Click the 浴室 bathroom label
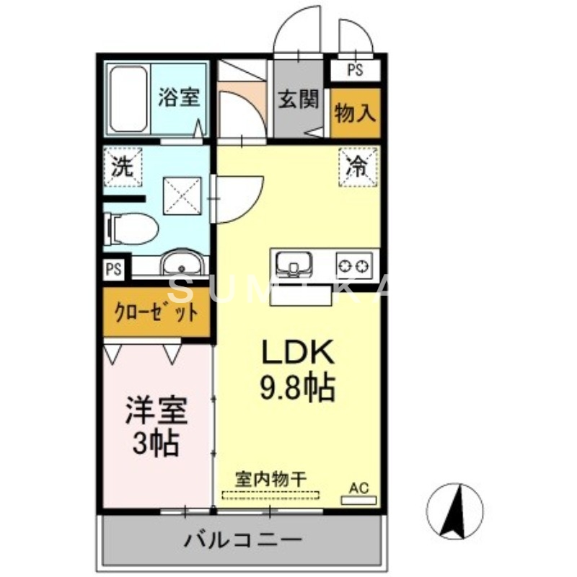[x=178, y=98]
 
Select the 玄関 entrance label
[x=298, y=100]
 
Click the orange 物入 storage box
[x=355, y=113]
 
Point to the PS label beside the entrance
[x=354, y=70]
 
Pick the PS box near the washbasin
[x=114, y=269]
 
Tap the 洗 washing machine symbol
[x=120, y=167]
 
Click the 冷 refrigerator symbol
[x=358, y=165]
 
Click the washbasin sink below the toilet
[x=183, y=265]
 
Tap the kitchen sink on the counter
[x=293, y=263]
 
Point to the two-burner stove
[x=354, y=263]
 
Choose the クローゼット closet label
[x=157, y=313]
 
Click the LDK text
[x=296, y=353]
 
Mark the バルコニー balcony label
[x=242, y=538]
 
